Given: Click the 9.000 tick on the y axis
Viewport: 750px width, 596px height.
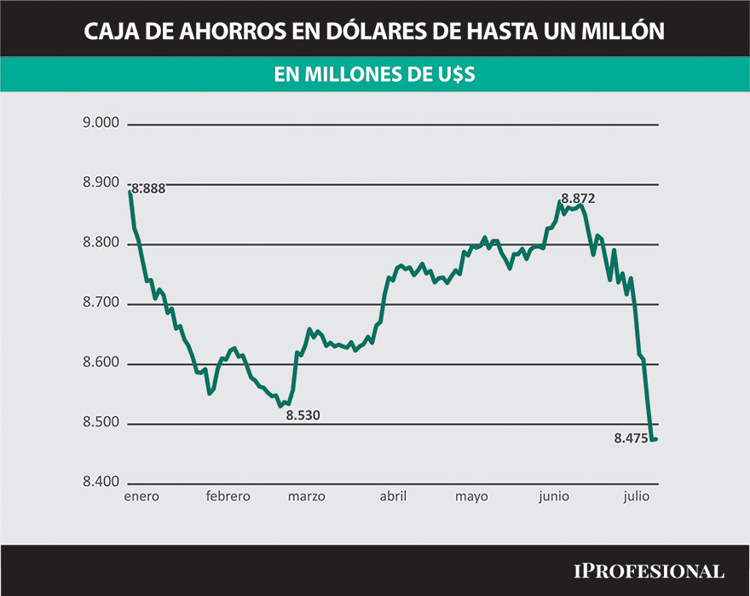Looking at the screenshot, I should coord(101,124).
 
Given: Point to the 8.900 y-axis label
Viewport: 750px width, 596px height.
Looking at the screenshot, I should coord(101,184).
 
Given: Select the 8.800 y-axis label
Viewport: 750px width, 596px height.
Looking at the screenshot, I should coord(101,244).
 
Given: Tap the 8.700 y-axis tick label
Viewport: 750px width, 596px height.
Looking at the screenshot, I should coord(101,304).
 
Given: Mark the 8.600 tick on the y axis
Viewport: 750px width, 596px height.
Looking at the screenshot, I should coord(101,364).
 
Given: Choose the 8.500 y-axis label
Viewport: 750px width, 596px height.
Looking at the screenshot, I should coord(101,424).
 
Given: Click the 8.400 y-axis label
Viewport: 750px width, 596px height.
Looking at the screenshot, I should coord(101,483).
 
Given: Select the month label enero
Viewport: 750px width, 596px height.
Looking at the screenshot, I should coord(141,497).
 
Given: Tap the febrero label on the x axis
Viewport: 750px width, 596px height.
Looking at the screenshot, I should coord(228,497).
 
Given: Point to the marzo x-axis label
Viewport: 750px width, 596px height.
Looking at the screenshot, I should coord(306,497).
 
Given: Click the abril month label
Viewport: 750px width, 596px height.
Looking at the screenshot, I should coord(392,497).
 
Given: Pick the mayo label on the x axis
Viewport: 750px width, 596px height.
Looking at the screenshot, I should coord(471,497).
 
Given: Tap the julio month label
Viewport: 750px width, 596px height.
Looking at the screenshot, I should coord(636,497).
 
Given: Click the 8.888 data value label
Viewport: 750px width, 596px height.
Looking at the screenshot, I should coord(148,189).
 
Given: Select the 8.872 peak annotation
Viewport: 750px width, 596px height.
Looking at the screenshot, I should coord(577,199).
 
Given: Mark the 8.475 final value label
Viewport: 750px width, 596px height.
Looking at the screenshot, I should coord(630,439).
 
